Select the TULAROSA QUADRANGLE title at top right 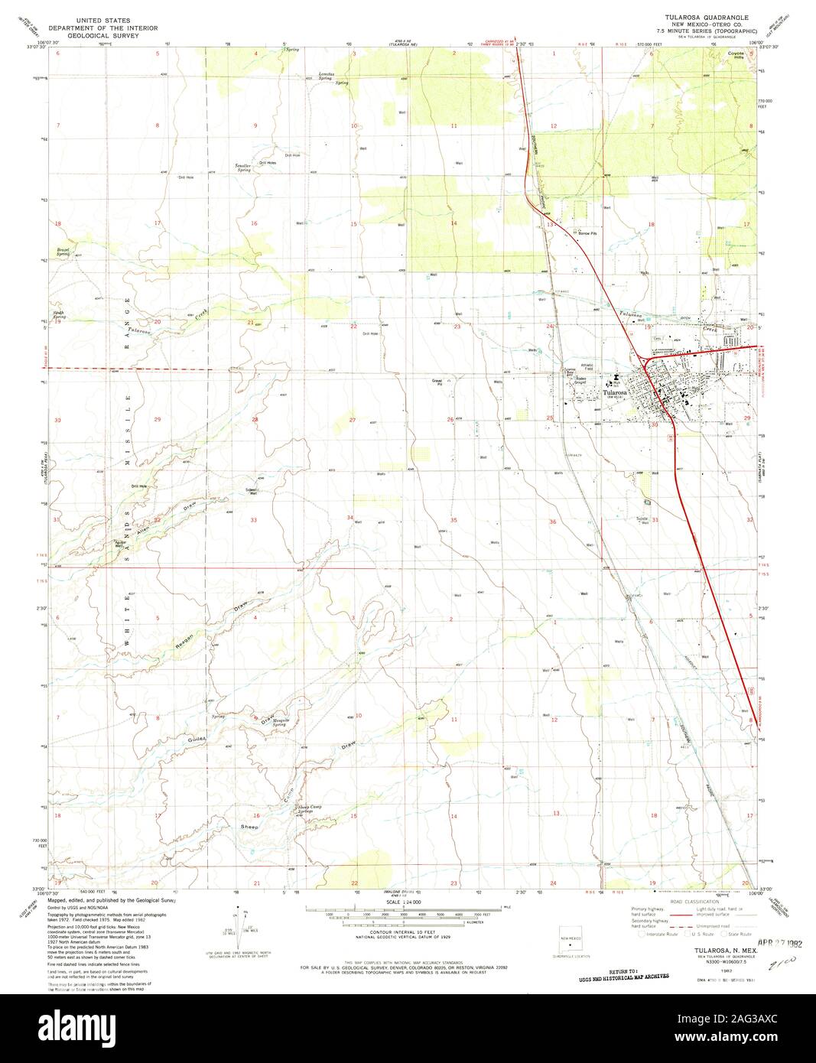coord(706,16)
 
